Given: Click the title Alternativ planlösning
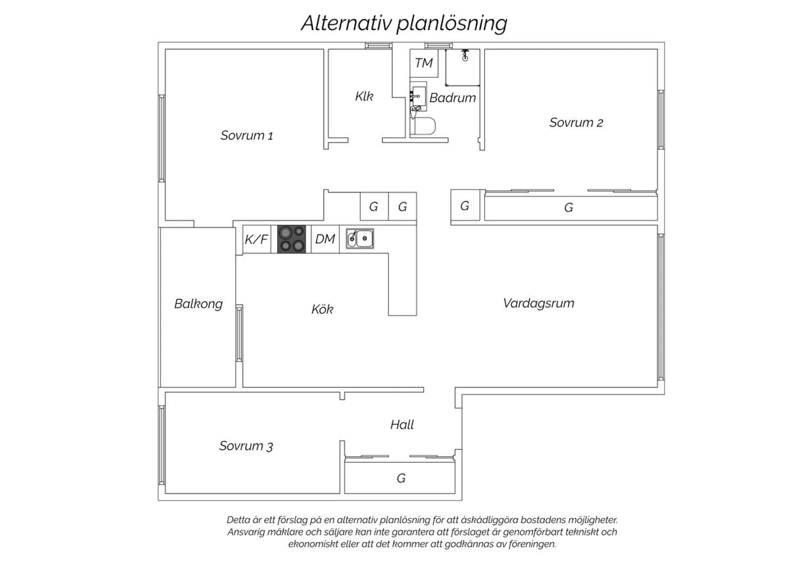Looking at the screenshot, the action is (404, 24).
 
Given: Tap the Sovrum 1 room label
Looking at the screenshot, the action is (247, 136).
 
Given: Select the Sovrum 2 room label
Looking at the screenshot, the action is (576, 123).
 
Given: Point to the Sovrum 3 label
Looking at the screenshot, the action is (246, 446).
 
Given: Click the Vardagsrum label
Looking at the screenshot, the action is (539, 303).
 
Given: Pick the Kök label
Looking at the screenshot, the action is (322, 309).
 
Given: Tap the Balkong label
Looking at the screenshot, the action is (198, 304).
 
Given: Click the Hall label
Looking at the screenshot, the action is (402, 424).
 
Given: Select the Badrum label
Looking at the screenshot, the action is (453, 98).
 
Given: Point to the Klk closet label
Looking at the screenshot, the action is (364, 96).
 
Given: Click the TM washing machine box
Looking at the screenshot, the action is (424, 63).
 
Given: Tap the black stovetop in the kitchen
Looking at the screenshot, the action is (291, 239).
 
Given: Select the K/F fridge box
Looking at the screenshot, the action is (257, 239).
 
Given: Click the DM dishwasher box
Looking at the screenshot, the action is (325, 239).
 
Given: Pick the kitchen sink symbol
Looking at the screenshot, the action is (360, 238).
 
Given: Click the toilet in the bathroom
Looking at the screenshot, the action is (423, 125).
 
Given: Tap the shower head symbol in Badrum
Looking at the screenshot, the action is (465, 55).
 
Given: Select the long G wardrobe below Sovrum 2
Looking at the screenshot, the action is (571, 208).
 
